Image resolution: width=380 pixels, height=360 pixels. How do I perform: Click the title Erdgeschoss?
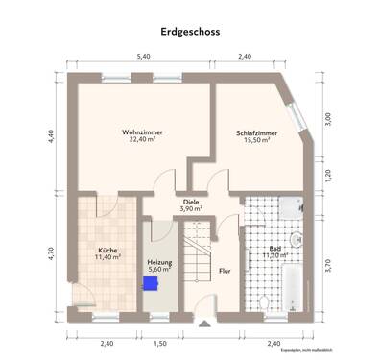(190, 32)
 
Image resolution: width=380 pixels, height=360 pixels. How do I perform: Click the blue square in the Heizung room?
(149, 283)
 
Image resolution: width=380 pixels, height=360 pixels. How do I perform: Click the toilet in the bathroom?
(262, 301)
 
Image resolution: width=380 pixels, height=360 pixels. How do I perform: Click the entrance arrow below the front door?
(202, 324)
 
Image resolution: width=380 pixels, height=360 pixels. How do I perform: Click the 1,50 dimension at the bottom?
(159, 343)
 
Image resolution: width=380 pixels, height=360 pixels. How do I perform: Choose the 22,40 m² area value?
(142, 139)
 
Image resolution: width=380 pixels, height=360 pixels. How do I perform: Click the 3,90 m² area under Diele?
(190, 208)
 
